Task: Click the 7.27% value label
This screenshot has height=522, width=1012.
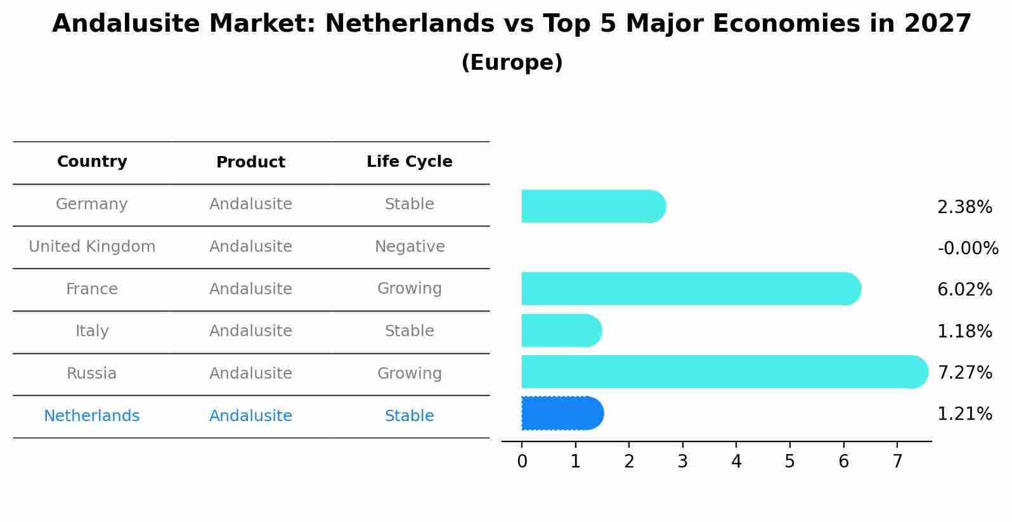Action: pos(964,372)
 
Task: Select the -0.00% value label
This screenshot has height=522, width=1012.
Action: pos(968,248)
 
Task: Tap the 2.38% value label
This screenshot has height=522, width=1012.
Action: pos(964,207)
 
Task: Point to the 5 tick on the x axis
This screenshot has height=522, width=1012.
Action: pos(789,462)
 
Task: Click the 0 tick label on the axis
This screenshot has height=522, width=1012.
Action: pos(522,462)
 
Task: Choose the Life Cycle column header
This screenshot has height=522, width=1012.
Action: pos(409,162)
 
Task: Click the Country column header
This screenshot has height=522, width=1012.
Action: pos(92,162)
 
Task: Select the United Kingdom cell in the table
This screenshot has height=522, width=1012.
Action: pos(92,247)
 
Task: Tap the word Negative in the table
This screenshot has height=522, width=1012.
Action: pos(409,247)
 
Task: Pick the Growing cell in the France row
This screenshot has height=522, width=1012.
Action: pos(409,289)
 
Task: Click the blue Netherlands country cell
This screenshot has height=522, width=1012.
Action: pos(92,416)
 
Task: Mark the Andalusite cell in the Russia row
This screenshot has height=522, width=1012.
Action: pos(250,374)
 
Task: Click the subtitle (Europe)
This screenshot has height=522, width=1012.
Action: pos(512,63)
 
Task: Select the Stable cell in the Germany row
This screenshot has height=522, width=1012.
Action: pos(409,204)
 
